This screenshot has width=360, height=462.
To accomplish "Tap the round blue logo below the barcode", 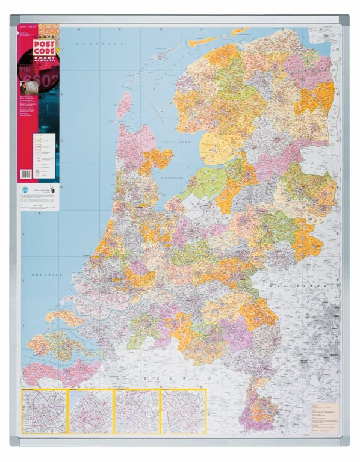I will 28,190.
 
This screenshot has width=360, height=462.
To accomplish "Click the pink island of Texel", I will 124,104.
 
